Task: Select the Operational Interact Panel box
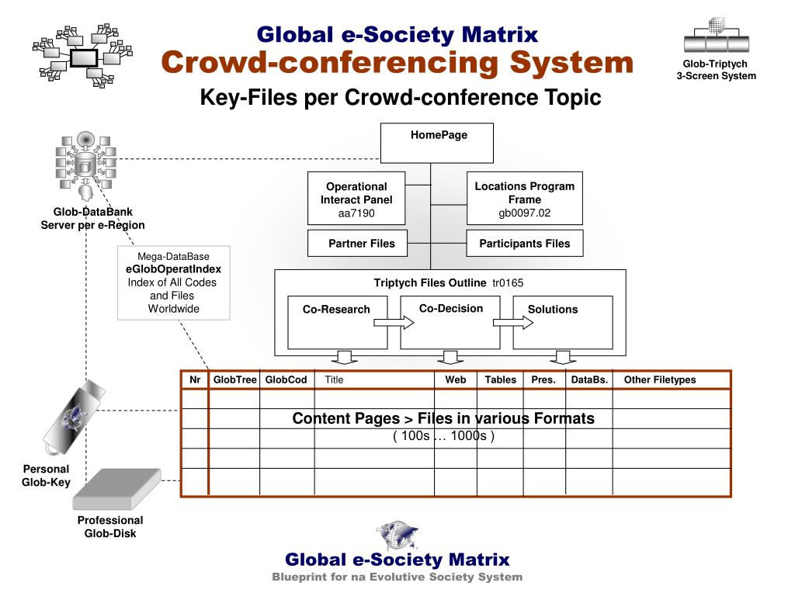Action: [356, 199]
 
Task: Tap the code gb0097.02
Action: [524, 213]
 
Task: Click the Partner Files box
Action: [361, 244]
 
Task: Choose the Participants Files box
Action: [524, 244]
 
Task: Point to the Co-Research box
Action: [336, 321]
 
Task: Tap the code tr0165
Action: [513, 283]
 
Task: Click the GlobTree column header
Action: [234, 380]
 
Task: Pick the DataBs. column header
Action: [589, 380]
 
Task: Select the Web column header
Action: [456, 380]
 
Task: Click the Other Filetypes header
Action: [660, 380]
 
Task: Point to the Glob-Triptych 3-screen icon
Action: [715, 35]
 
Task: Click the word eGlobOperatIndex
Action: [173, 269]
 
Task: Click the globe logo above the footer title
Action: [397, 535]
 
